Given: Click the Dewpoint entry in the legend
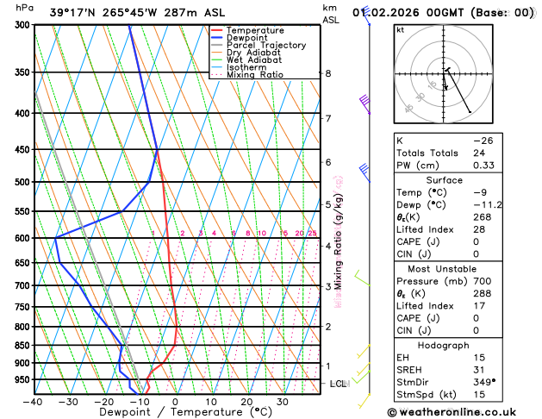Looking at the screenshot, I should click(251, 38).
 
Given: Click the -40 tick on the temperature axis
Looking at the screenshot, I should click(33, 402).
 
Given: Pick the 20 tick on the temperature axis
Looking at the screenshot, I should click(246, 402).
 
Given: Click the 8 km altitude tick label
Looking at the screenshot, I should click(328, 73).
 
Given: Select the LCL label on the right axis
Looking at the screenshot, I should click(338, 383).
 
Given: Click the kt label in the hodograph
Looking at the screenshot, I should click(400, 29).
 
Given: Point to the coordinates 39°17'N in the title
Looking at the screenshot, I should click(73, 12).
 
